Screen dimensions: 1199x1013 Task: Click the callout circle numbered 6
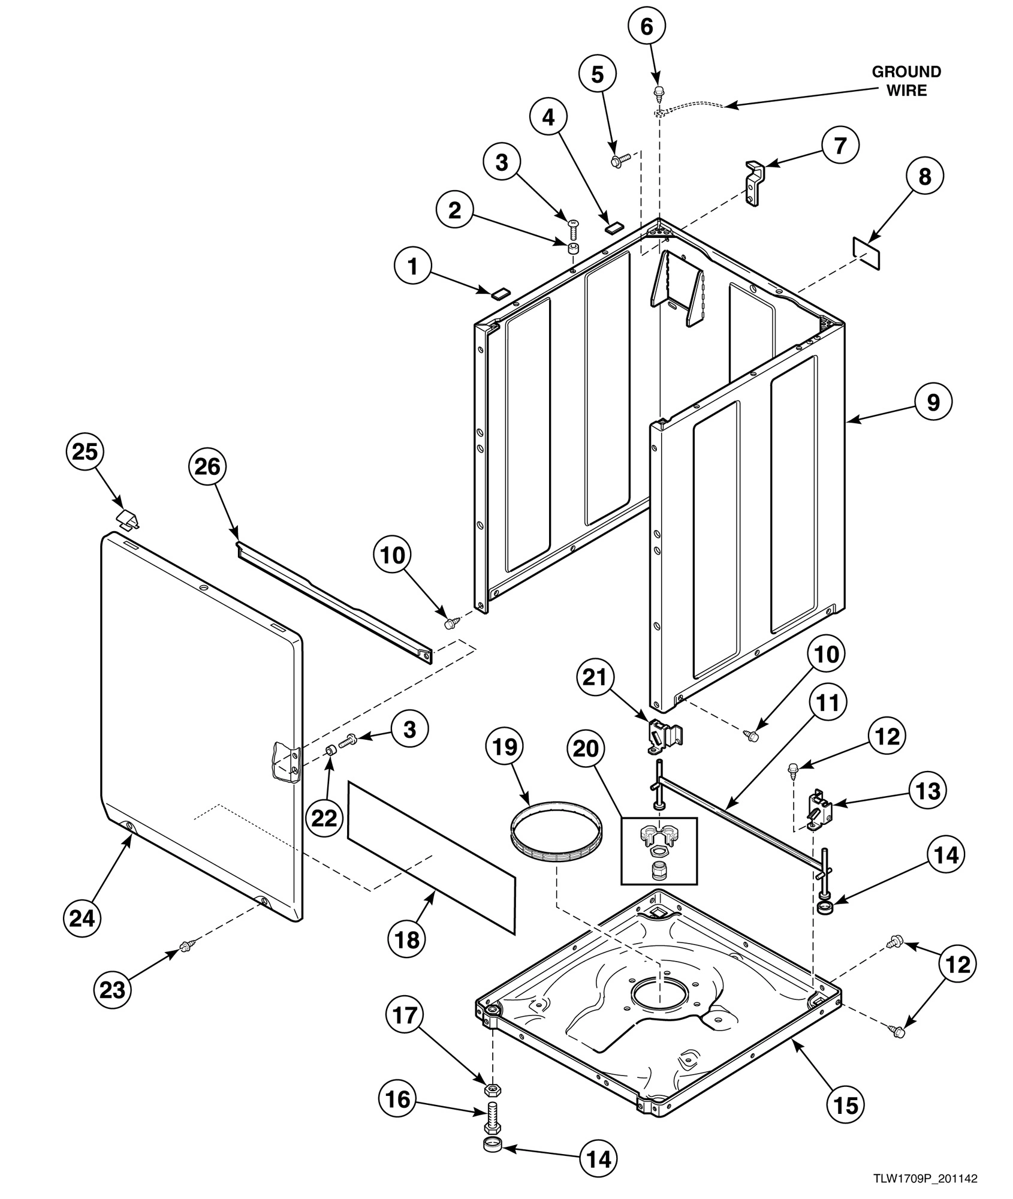coord(647,27)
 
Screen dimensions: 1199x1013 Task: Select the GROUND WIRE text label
coord(906,81)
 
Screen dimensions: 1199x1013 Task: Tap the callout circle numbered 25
coord(85,451)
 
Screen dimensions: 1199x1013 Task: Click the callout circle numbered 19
coord(505,747)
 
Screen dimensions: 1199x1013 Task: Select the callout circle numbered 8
coord(925,176)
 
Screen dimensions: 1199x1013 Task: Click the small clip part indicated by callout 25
coord(128,519)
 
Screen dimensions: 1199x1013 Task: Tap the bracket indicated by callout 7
coord(755,183)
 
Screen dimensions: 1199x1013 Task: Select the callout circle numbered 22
coord(324,818)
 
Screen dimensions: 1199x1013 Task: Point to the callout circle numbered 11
coord(827,703)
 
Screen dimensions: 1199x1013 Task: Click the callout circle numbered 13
coord(927,791)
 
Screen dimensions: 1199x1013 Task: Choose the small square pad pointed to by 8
coord(867,252)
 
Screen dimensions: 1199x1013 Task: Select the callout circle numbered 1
coord(412,266)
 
